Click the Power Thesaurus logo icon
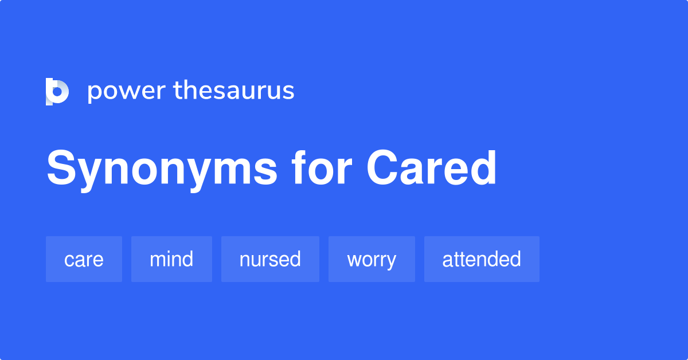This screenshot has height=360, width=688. click(57, 91)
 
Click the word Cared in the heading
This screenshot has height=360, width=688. click(431, 169)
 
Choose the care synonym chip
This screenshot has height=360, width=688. click(84, 259)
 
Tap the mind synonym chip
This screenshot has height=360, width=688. click(171, 259)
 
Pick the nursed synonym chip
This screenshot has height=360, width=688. click(270, 259)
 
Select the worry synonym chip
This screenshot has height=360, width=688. click(372, 259)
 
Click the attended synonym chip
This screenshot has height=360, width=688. click(482, 259)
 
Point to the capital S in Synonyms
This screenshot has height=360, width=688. click(61, 169)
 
